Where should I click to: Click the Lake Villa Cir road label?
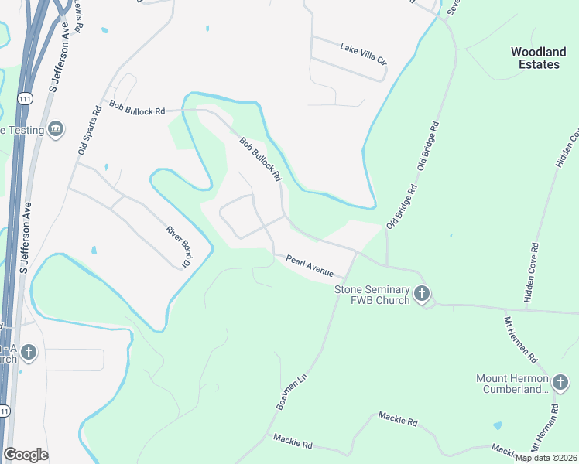(361, 53)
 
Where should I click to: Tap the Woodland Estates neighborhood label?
(538, 58)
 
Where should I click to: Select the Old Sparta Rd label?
(90, 130)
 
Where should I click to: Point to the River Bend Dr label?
(178, 247)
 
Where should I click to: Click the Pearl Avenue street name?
(310, 266)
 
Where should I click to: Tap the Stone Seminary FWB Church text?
(372, 295)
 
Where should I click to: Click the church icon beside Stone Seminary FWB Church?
(422, 293)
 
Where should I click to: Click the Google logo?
(26, 455)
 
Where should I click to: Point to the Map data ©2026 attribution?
(546, 458)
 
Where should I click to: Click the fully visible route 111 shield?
(26, 99)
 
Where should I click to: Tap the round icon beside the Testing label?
(55, 128)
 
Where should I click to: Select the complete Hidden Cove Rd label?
(532, 272)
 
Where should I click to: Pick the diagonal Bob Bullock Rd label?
(260, 160)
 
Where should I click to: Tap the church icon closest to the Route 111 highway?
(28, 353)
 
